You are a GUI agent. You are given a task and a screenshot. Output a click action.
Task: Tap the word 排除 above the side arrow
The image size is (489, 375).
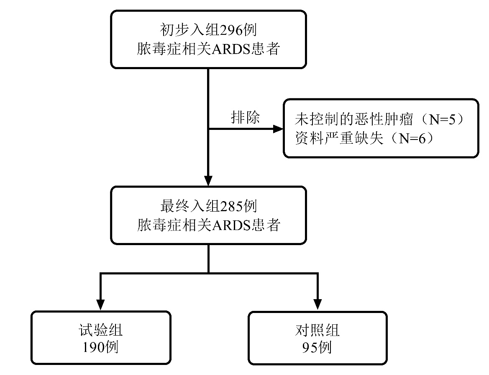click(245, 118)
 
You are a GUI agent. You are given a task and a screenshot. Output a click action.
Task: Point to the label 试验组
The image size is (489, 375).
click(100, 331)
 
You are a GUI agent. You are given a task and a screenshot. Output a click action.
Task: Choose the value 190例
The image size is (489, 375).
click(100, 347)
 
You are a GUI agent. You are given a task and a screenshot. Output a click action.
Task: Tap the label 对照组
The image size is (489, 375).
click(317, 331)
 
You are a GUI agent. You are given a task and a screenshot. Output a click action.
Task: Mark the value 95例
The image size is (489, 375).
click(317, 347)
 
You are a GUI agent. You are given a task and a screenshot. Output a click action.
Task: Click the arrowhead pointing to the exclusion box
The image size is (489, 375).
click(278, 129)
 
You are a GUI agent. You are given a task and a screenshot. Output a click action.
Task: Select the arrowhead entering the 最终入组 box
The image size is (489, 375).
click(208, 181)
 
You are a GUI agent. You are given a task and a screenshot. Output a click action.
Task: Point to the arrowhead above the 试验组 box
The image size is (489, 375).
click(100, 305)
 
